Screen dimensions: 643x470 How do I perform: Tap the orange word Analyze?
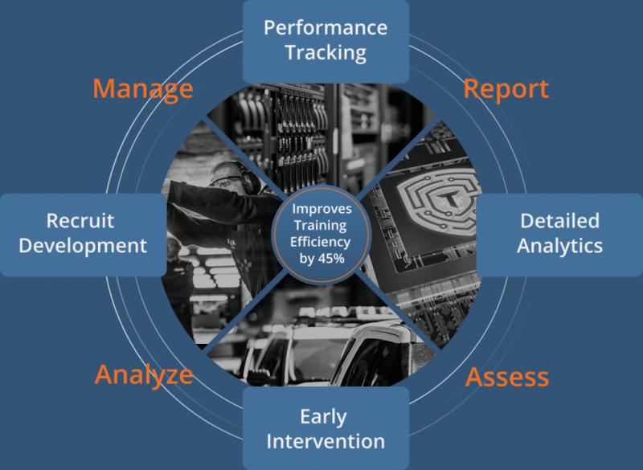click(x=144, y=375)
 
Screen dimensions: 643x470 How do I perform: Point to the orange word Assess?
click(x=507, y=377)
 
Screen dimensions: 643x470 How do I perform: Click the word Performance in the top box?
click(x=326, y=28)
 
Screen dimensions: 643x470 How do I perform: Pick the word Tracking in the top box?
click(x=326, y=53)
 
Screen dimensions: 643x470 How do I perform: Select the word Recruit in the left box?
click(x=80, y=221)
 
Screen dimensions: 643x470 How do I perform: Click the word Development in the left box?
click(x=83, y=247)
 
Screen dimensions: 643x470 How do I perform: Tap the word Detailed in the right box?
click(x=559, y=221)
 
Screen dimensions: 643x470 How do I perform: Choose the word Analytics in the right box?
click(x=559, y=247)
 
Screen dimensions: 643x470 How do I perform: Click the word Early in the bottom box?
click(x=324, y=418)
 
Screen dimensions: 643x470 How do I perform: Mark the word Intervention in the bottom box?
click(x=326, y=442)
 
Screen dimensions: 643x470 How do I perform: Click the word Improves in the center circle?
click(x=322, y=210)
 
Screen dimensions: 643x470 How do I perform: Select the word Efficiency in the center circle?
click(x=320, y=242)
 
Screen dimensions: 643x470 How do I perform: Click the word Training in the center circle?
click(x=320, y=226)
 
